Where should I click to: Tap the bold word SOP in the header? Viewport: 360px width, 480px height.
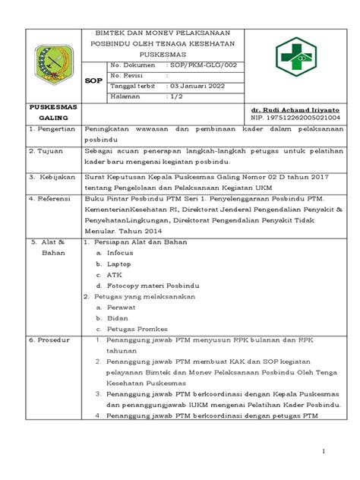(93, 80)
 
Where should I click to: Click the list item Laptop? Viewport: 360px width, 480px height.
(118, 264)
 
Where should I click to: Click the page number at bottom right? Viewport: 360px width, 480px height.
(323, 453)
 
